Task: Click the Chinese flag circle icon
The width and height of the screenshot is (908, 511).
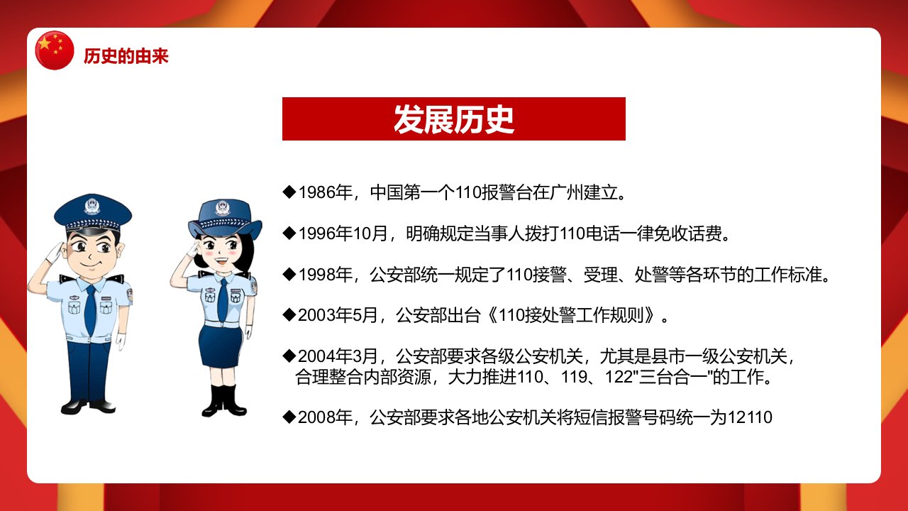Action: click(x=55, y=50)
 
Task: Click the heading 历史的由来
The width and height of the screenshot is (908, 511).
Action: click(x=126, y=56)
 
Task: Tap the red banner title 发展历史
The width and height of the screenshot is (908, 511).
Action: click(x=453, y=119)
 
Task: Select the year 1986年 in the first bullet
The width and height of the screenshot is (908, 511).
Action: click(x=326, y=192)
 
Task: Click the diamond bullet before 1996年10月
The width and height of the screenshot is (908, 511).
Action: click(x=289, y=233)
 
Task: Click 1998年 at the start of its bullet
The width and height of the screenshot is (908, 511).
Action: click(x=326, y=275)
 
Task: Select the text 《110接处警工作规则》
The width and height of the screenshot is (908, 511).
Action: click(x=571, y=315)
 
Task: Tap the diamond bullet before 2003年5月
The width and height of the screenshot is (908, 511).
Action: click(x=289, y=314)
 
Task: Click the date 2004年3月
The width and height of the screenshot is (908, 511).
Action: click(x=338, y=356)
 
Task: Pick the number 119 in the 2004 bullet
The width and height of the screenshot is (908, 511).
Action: click(x=574, y=377)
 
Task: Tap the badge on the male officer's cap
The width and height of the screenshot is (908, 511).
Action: click(x=92, y=206)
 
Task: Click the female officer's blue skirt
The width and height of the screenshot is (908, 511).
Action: click(x=220, y=346)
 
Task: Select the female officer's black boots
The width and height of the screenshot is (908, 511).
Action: click(x=223, y=400)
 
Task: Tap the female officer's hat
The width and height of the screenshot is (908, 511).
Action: click(x=225, y=219)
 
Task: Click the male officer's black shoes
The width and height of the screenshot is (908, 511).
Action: click(x=89, y=407)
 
